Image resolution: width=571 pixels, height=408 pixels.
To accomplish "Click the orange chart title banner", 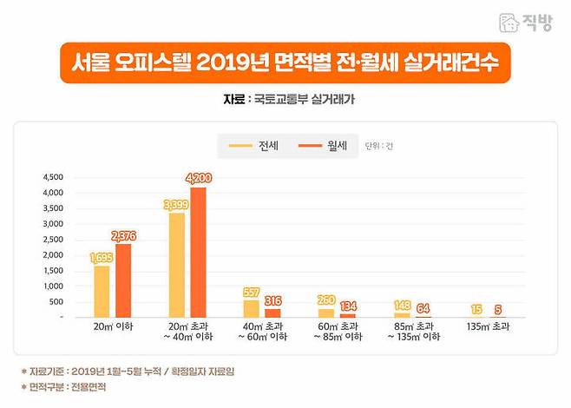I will coord(285,63).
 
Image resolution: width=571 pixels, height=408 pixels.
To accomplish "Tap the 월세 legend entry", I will coord(322,146).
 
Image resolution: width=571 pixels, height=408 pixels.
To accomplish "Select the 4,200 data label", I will coord(198,178).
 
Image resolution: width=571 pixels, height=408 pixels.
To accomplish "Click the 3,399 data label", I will coord(176,204).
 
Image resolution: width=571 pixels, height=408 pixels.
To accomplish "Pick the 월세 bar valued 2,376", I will coord(123,280).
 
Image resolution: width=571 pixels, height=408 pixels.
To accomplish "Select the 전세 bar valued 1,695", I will coord(102,291).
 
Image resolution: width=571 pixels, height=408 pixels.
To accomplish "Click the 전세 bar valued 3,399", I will coord(176,265).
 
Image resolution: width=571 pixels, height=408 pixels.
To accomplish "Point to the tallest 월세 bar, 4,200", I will coord(198,253).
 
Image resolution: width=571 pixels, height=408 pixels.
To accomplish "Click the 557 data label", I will coord(251,292).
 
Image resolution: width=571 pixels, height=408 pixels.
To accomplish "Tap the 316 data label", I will coord(273,299).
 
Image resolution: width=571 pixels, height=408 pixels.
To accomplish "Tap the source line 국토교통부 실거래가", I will coord(285,100).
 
